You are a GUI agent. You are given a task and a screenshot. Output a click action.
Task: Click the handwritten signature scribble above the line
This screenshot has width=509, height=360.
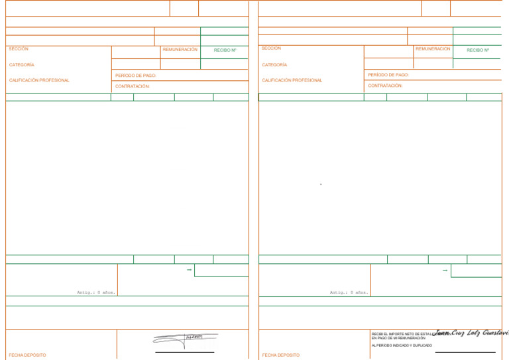coord(185,339)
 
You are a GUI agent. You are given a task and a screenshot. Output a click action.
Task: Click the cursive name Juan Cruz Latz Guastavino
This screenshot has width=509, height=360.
coord(471,332)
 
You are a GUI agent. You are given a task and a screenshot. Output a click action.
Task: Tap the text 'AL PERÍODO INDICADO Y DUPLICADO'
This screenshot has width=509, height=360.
coord(402,345)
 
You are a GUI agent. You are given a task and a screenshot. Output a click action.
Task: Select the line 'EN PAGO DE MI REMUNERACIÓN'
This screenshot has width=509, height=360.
coord(398,338)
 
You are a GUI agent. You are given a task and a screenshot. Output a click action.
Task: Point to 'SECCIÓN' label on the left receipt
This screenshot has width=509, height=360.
coord(19,49)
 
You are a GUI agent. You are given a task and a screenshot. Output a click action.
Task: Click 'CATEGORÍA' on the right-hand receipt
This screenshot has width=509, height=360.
coord(274,65)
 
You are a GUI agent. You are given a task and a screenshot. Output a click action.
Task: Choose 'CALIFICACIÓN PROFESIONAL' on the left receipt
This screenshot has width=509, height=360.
coord(39,80)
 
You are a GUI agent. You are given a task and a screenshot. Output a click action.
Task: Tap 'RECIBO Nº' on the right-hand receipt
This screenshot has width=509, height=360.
coord(478,50)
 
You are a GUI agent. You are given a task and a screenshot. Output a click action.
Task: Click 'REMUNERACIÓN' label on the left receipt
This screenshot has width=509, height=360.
coord(180,50)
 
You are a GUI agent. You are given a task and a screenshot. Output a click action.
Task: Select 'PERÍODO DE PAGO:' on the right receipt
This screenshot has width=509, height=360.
coord(388,75)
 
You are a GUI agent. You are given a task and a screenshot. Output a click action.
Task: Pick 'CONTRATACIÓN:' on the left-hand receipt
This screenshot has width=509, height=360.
coord(133,86)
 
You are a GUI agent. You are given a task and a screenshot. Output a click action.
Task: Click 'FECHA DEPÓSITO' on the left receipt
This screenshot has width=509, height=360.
coord(28,355)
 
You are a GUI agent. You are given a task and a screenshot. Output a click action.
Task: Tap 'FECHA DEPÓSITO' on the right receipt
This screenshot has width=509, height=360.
coord(281,355)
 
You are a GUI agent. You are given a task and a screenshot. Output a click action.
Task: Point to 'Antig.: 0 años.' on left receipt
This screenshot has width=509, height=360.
coord(96,292)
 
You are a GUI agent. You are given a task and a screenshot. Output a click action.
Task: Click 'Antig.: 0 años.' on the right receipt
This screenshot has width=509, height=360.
coord(349,292)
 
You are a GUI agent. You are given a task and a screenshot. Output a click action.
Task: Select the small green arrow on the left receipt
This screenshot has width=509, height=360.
coord(190,270)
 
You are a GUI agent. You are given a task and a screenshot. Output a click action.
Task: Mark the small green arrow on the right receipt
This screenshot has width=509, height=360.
coord(445,270)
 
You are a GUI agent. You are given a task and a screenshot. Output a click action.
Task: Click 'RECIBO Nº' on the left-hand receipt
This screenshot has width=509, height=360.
coord(225,50)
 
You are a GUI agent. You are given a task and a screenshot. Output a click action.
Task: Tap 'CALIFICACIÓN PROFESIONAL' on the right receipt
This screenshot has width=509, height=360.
coord(292,80)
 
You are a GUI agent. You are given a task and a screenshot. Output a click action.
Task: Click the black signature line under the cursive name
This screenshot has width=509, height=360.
coord(465,352)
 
